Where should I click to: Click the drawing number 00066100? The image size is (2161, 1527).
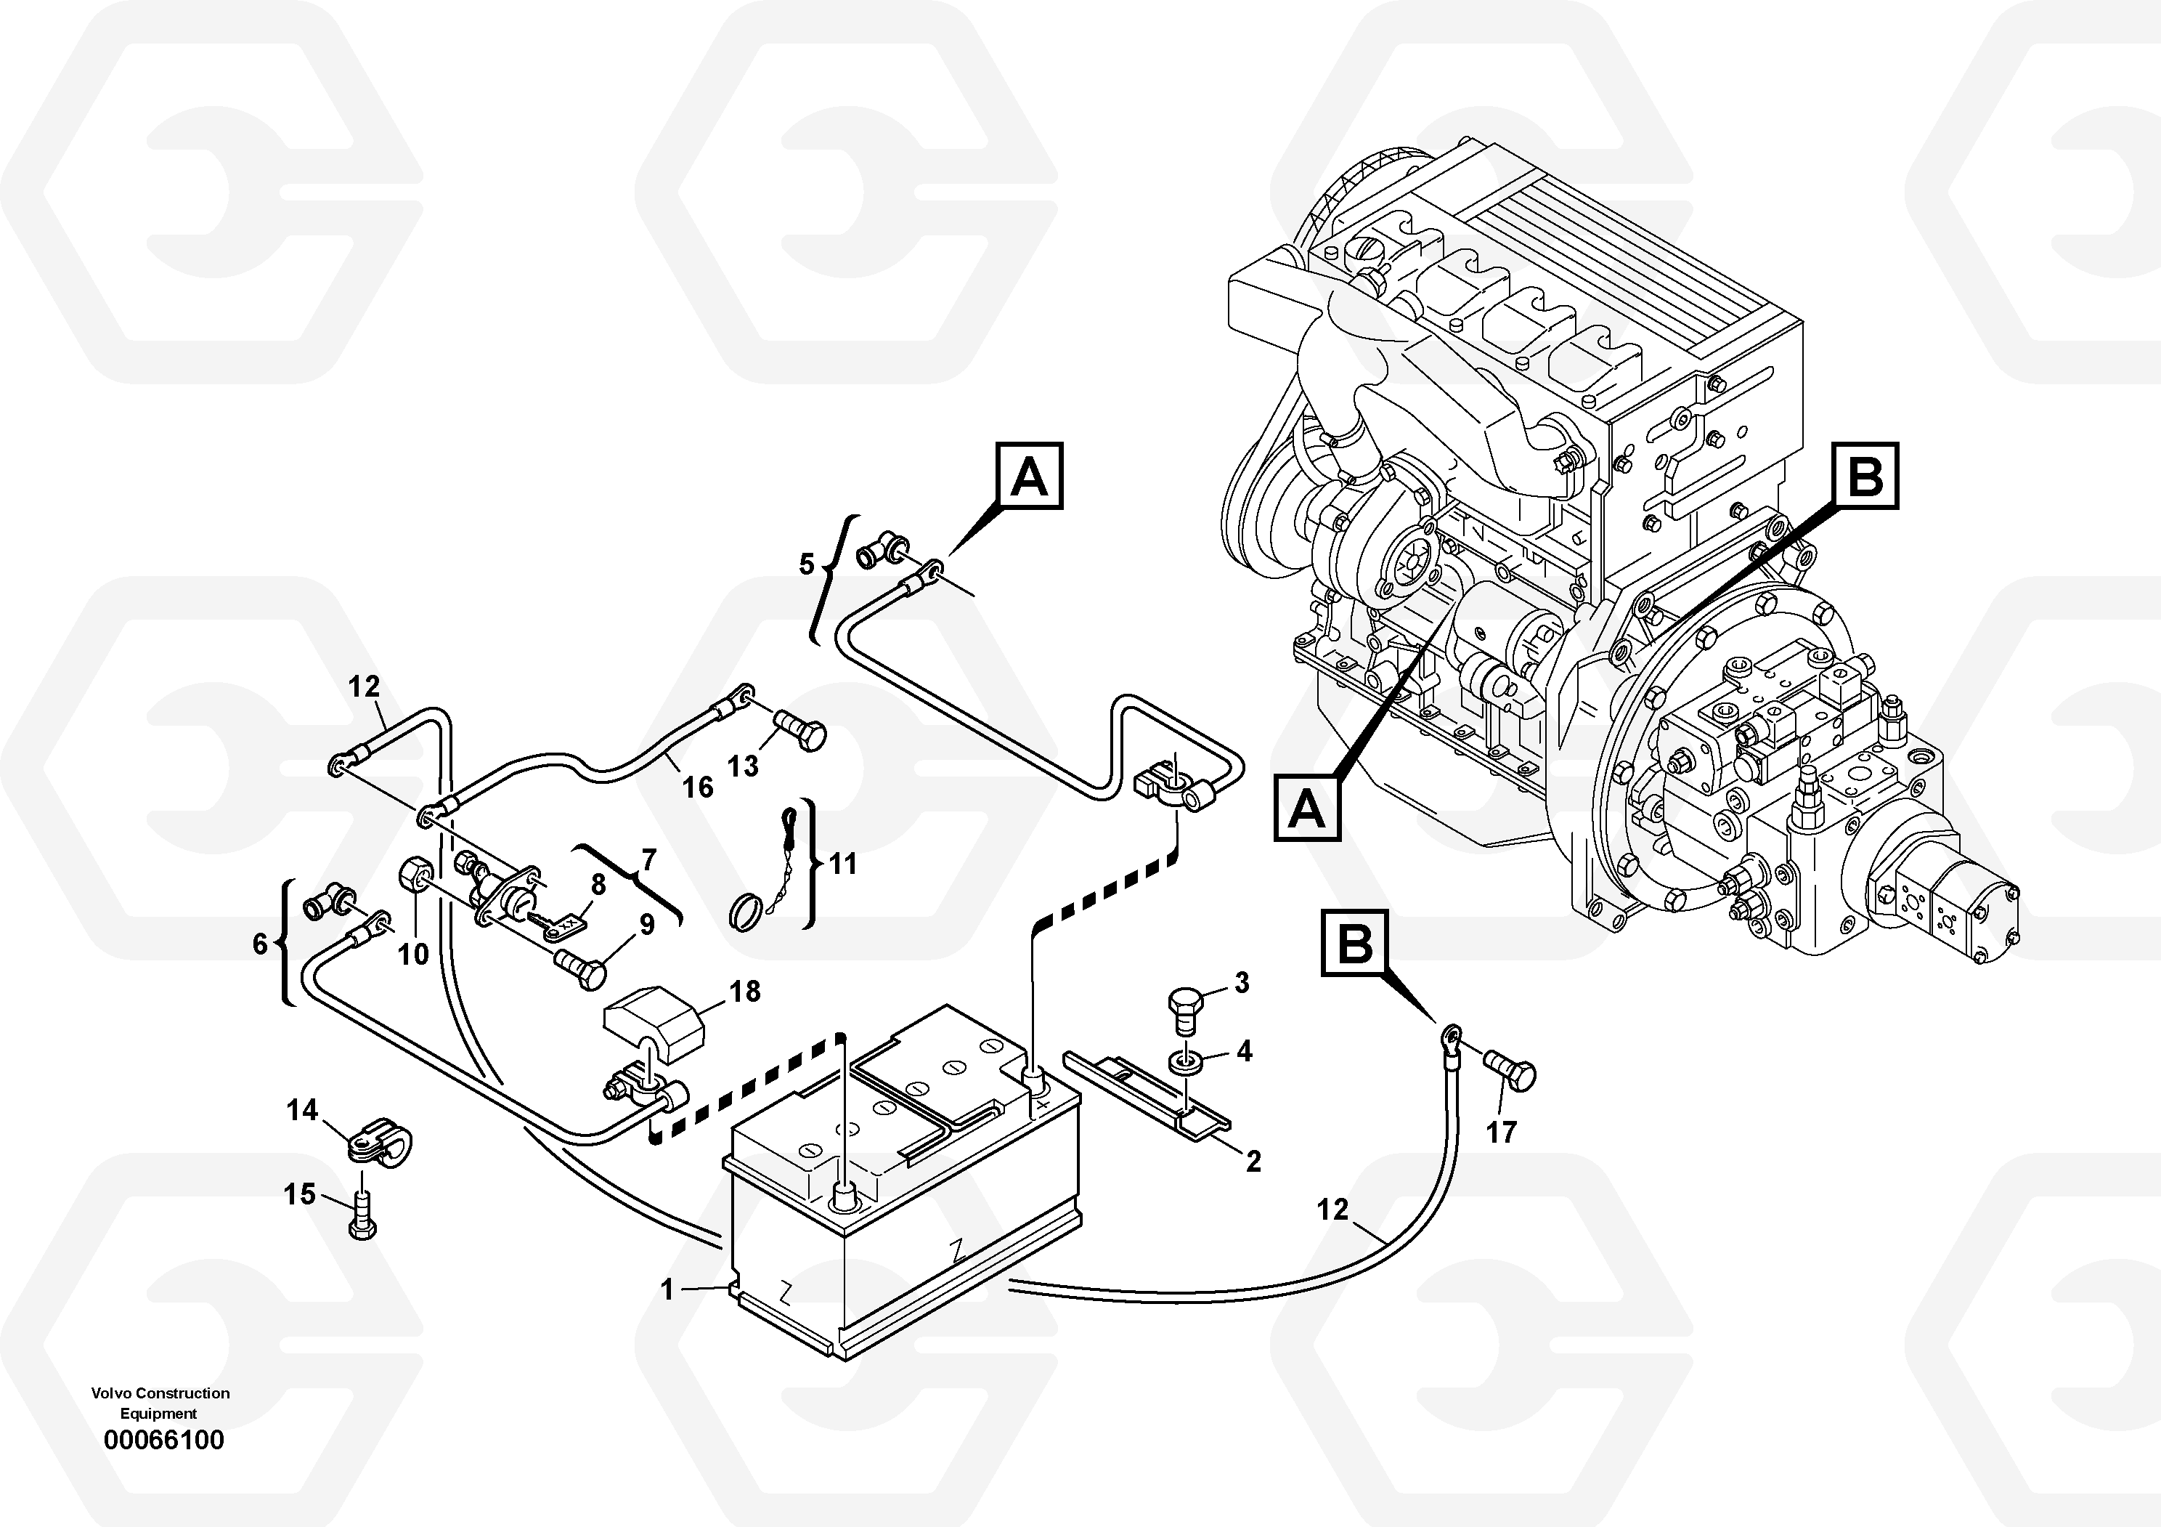point(164,1441)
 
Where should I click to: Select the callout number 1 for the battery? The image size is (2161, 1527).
point(667,1289)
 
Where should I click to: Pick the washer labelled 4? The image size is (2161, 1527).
point(1185,1063)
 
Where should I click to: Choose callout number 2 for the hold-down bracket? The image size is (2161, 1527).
point(1253,1162)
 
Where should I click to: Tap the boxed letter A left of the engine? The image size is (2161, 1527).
point(1029,477)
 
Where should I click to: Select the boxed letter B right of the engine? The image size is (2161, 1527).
point(1865,477)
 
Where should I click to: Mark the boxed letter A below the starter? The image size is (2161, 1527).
point(1306,808)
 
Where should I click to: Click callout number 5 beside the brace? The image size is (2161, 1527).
point(807,565)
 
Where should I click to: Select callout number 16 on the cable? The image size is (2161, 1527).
point(697,786)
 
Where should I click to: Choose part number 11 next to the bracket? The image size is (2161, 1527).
point(843,863)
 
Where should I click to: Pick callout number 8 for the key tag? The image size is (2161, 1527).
point(598,884)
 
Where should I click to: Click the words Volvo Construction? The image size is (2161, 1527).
point(160,1393)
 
